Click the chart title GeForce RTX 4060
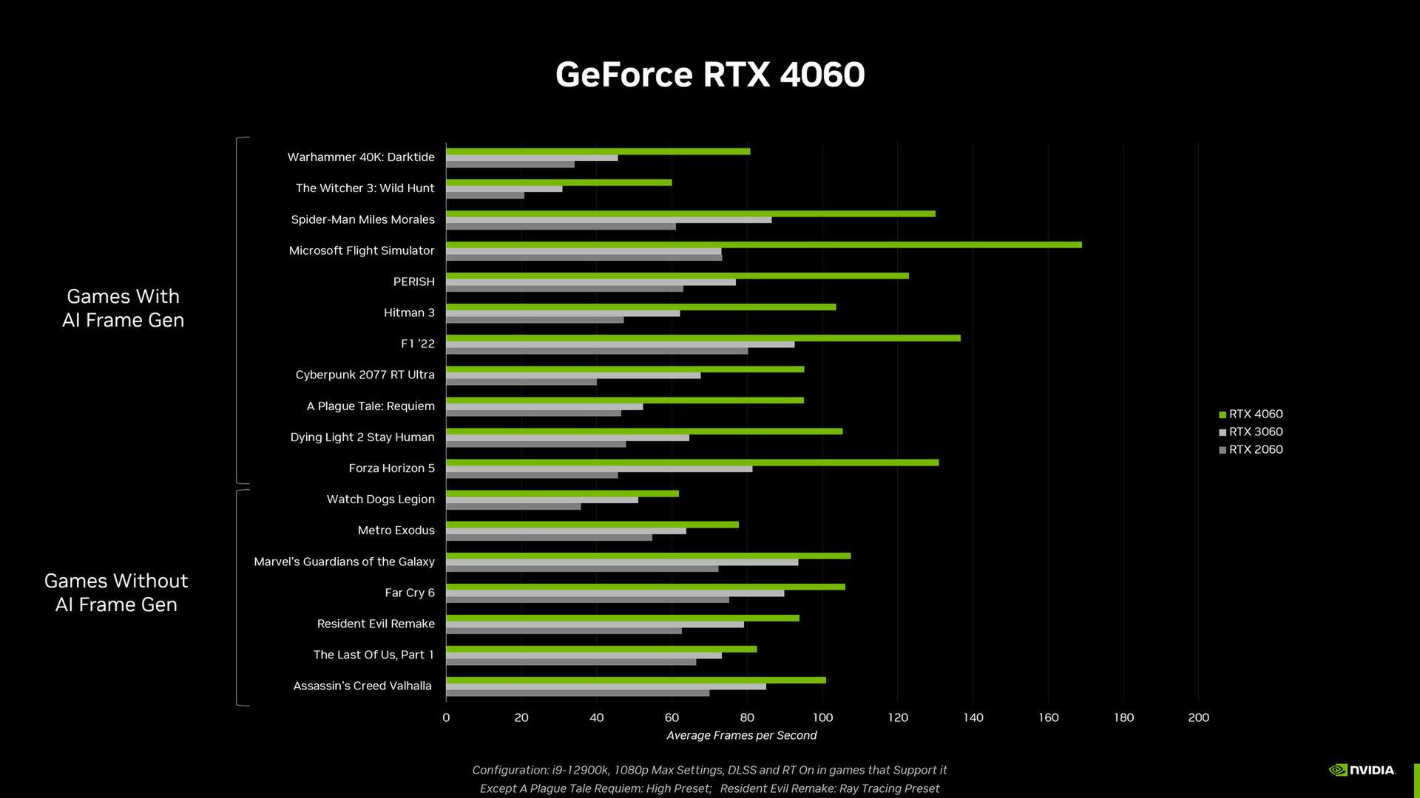click(x=710, y=75)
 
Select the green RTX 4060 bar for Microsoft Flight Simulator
click(x=763, y=245)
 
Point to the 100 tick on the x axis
click(x=822, y=717)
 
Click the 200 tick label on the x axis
click(x=1198, y=717)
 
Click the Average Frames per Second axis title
click(x=741, y=735)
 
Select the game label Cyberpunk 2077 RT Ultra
click(x=365, y=375)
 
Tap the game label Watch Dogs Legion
click(x=380, y=499)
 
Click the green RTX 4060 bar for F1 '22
click(x=703, y=338)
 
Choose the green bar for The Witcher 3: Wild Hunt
click(x=558, y=183)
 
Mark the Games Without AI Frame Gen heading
click(x=116, y=593)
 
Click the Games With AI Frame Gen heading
click(x=123, y=308)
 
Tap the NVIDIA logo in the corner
click(x=1362, y=770)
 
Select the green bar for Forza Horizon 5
click(x=692, y=463)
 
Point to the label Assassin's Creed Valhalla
click(x=362, y=686)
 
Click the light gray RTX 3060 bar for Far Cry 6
click(x=615, y=593)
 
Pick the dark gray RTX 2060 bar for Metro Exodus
click(x=549, y=537)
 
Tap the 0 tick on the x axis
click(x=446, y=717)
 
